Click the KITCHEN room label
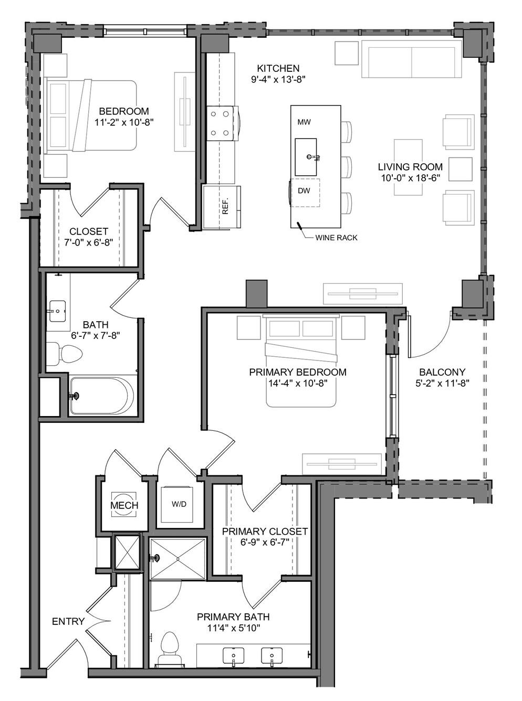[278, 68]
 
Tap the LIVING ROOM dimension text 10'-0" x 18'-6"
[411, 178]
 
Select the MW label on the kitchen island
[304, 122]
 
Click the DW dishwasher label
[304, 190]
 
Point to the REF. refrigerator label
[225, 206]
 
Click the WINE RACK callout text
[336, 238]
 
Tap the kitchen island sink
[306, 157]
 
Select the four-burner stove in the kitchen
[223, 123]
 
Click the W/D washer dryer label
[179, 504]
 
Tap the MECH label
[124, 505]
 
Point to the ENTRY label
[68, 621]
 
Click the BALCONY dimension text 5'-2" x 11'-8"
[442, 384]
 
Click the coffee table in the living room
[408, 167]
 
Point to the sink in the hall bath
[58, 311]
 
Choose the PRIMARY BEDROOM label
[298, 372]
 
